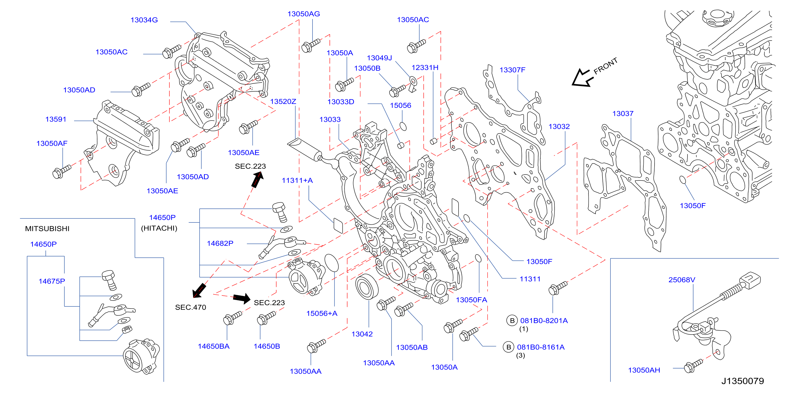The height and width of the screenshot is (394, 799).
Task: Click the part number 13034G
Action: click(x=144, y=20)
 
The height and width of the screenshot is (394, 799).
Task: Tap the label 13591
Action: click(x=56, y=119)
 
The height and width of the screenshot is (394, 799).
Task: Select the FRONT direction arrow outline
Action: click(x=582, y=78)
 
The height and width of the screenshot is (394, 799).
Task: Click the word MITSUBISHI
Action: click(x=47, y=229)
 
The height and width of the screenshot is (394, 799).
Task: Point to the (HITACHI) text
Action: click(x=159, y=228)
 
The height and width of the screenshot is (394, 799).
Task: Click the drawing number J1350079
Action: click(x=742, y=381)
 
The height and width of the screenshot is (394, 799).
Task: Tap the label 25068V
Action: click(x=682, y=280)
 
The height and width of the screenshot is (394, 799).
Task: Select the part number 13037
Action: click(x=623, y=114)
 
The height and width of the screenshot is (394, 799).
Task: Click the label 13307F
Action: click(x=512, y=70)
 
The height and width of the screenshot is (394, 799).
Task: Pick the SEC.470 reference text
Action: click(x=190, y=307)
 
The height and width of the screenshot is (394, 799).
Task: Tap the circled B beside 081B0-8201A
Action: click(x=512, y=320)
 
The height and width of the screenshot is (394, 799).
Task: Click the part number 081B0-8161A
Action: click(x=541, y=347)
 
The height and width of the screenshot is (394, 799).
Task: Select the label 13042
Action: click(x=362, y=334)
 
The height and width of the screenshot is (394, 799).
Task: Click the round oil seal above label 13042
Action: click(x=367, y=287)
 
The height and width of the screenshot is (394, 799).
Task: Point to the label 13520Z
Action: click(x=283, y=101)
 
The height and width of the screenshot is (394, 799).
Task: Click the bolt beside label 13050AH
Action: click(x=693, y=366)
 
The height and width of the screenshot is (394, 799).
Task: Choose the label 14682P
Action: click(x=220, y=243)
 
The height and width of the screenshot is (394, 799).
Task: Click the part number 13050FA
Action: click(x=471, y=300)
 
